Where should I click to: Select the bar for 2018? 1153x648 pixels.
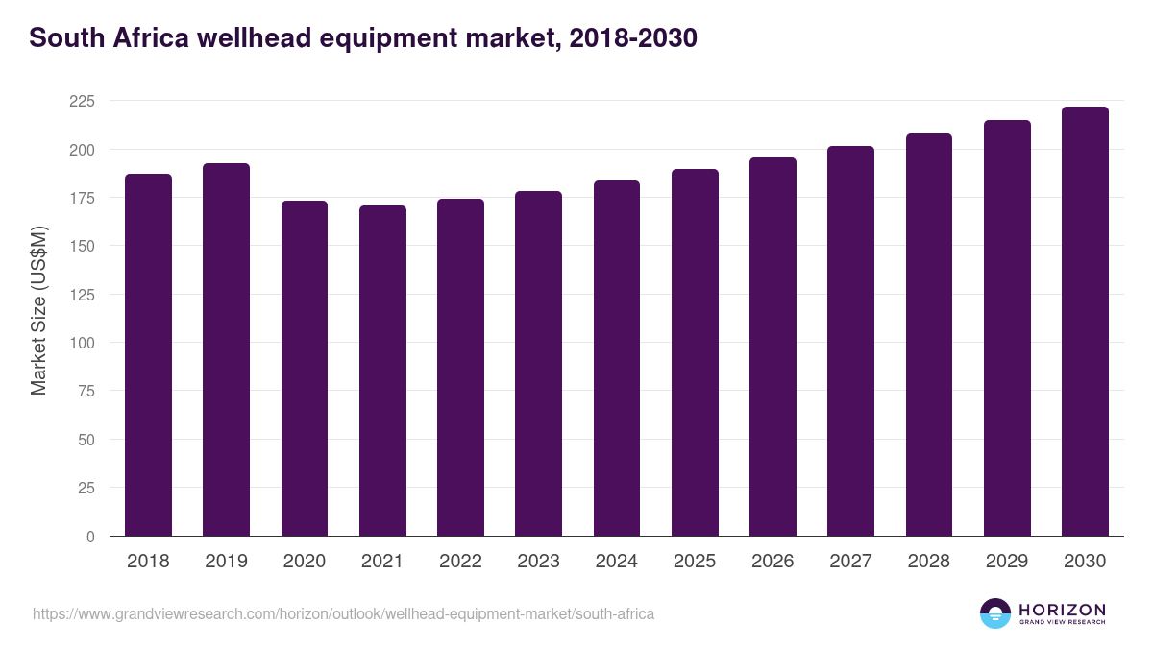pyautogui.click(x=148, y=355)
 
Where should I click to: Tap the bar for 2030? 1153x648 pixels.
pyautogui.click(x=1085, y=322)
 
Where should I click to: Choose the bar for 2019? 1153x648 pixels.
pyautogui.click(x=226, y=349)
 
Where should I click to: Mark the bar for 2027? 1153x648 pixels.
pyautogui.click(x=850, y=341)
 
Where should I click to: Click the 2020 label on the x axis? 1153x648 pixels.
pyautogui.click(x=304, y=562)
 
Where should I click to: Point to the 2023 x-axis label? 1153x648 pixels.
pyautogui.click(x=538, y=562)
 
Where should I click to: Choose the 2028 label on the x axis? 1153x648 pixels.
pyautogui.click(x=928, y=562)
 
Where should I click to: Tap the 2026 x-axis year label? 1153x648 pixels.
pyautogui.click(x=773, y=562)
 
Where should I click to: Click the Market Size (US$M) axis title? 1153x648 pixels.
pyautogui.click(x=38, y=310)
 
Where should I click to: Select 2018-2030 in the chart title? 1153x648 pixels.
pyautogui.click(x=633, y=38)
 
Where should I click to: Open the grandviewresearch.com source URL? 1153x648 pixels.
pyautogui.click(x=343, y=613)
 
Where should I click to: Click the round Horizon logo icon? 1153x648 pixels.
pyautogui.click(x=995, y=613)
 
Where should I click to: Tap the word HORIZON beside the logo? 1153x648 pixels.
pyautogui.click(x=1062, y=610)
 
